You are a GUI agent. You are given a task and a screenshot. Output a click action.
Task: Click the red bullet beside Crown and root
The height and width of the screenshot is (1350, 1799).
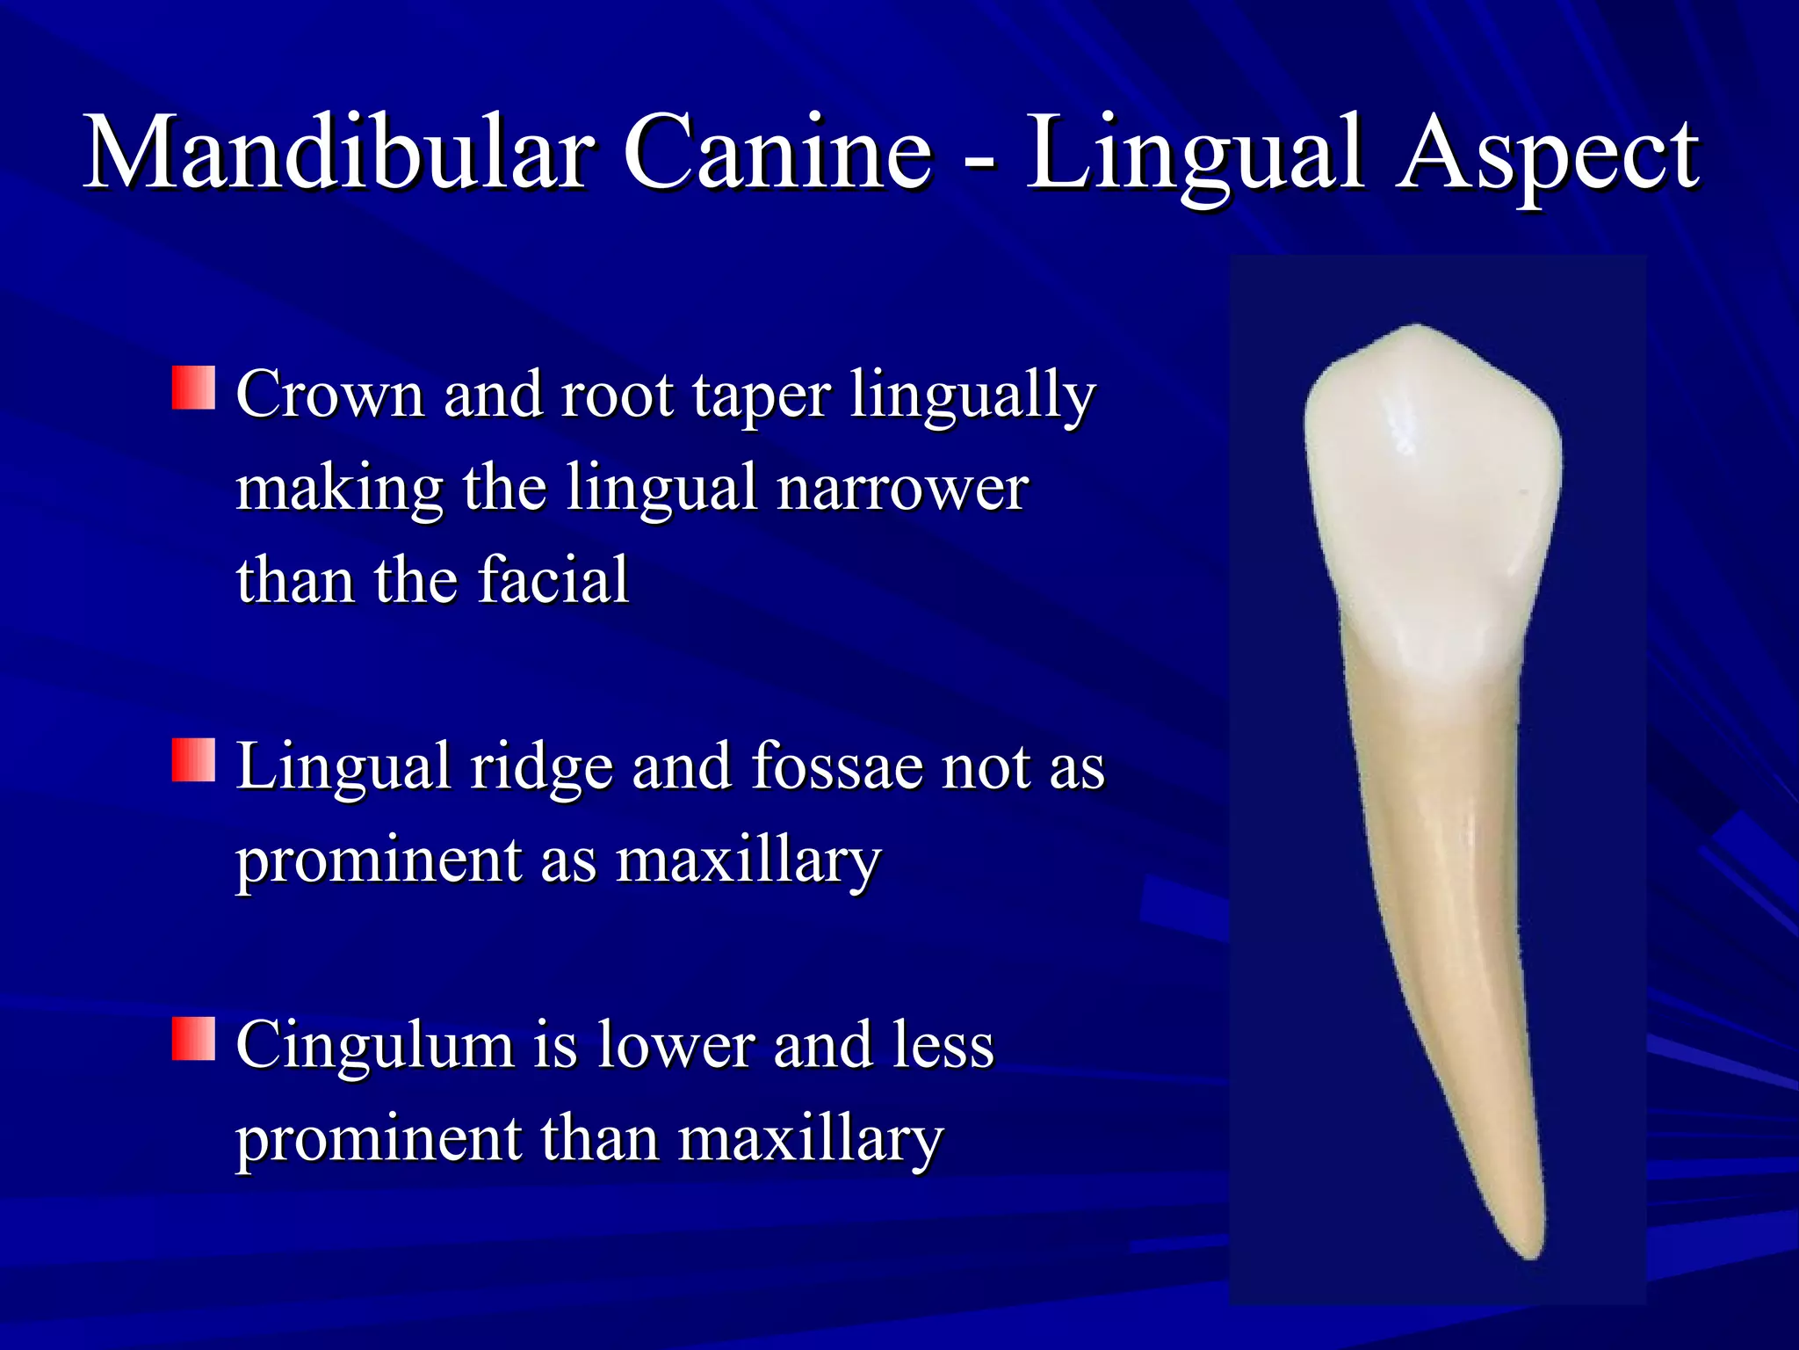[x=193, y=388]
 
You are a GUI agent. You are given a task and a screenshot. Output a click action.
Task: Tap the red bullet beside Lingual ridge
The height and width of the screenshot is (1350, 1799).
[x=193, y=760]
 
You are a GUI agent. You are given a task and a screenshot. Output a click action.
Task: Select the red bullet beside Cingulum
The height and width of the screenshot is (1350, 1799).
[x=193, y=1039]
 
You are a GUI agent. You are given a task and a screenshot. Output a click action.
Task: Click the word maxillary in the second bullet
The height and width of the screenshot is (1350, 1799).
[x=748, y=861]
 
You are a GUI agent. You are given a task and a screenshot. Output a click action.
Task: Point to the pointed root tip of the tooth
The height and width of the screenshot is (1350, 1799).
[x=1533, y=1252]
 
